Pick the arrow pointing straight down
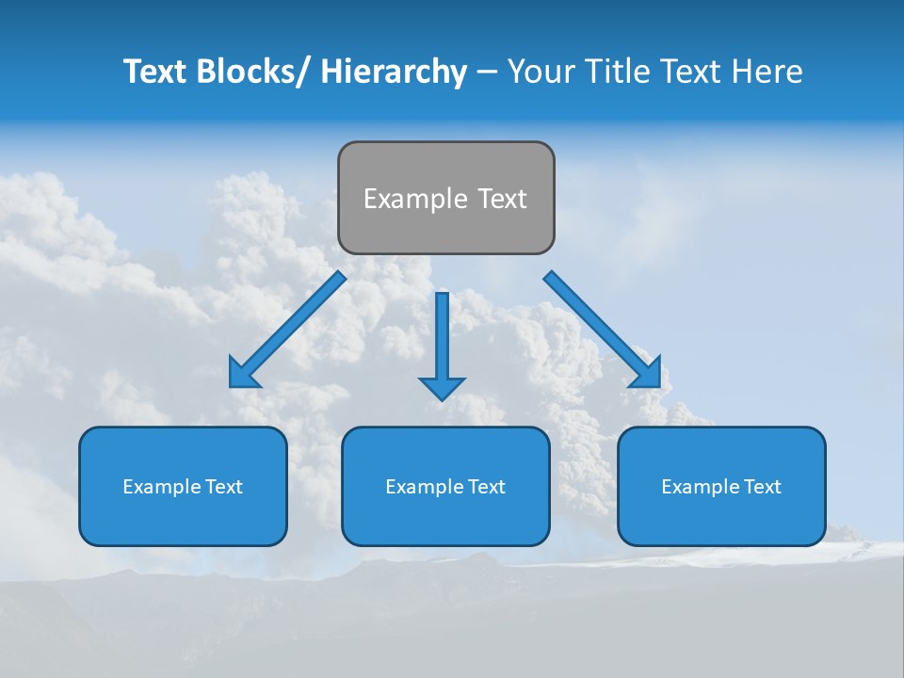click(x=442, y=339)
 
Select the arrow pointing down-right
click(x=603, y=331)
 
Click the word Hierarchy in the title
click(x=394, y=72)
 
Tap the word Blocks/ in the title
click(x=252, y=72)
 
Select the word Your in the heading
click(x=541, y=72)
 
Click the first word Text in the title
click(x=155, y=72)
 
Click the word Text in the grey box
click(x=501, y=199)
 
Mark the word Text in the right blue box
click(x=762, y=487)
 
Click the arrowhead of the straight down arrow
click(x=442, y=387)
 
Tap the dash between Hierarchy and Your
click(x=486, y=73)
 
